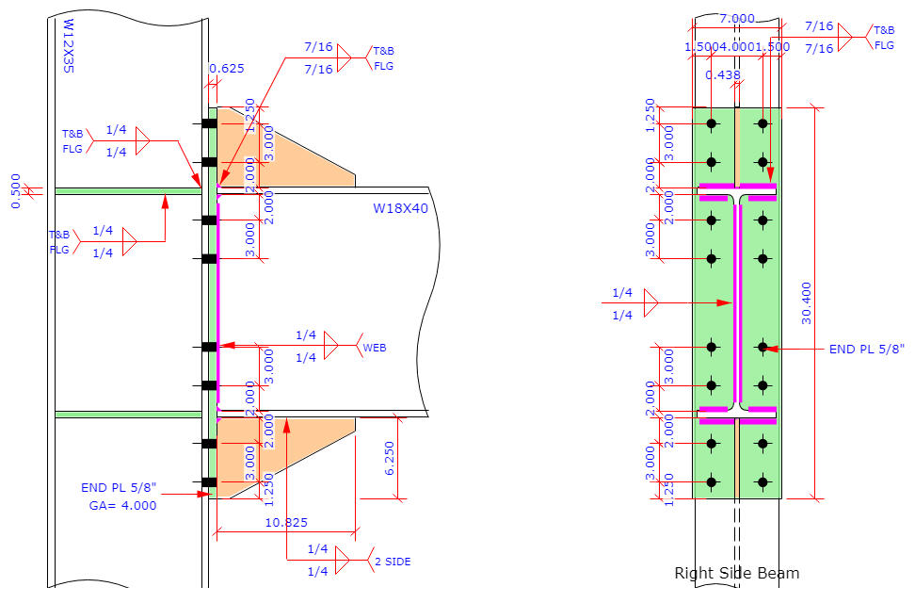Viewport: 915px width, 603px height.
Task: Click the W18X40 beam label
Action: [400, 208]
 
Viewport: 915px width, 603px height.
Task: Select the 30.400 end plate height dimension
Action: [806, 303]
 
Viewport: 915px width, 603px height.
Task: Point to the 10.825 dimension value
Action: [286, 522]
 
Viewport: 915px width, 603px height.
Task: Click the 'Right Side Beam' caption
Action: [736, 573]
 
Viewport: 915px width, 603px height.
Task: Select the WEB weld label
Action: [375, 348]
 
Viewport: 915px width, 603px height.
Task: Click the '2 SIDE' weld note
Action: [393, 562]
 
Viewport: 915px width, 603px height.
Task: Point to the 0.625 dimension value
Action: [226, 68]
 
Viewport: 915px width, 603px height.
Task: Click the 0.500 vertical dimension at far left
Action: [15, 191]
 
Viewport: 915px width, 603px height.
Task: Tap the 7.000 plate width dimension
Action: [737, 19]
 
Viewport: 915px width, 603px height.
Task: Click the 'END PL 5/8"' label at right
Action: [866, 349]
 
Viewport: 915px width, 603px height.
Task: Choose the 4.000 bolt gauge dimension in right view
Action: [737, 46]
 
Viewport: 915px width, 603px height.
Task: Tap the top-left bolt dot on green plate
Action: [712, 123]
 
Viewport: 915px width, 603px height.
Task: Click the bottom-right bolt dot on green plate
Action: [762, 482]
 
